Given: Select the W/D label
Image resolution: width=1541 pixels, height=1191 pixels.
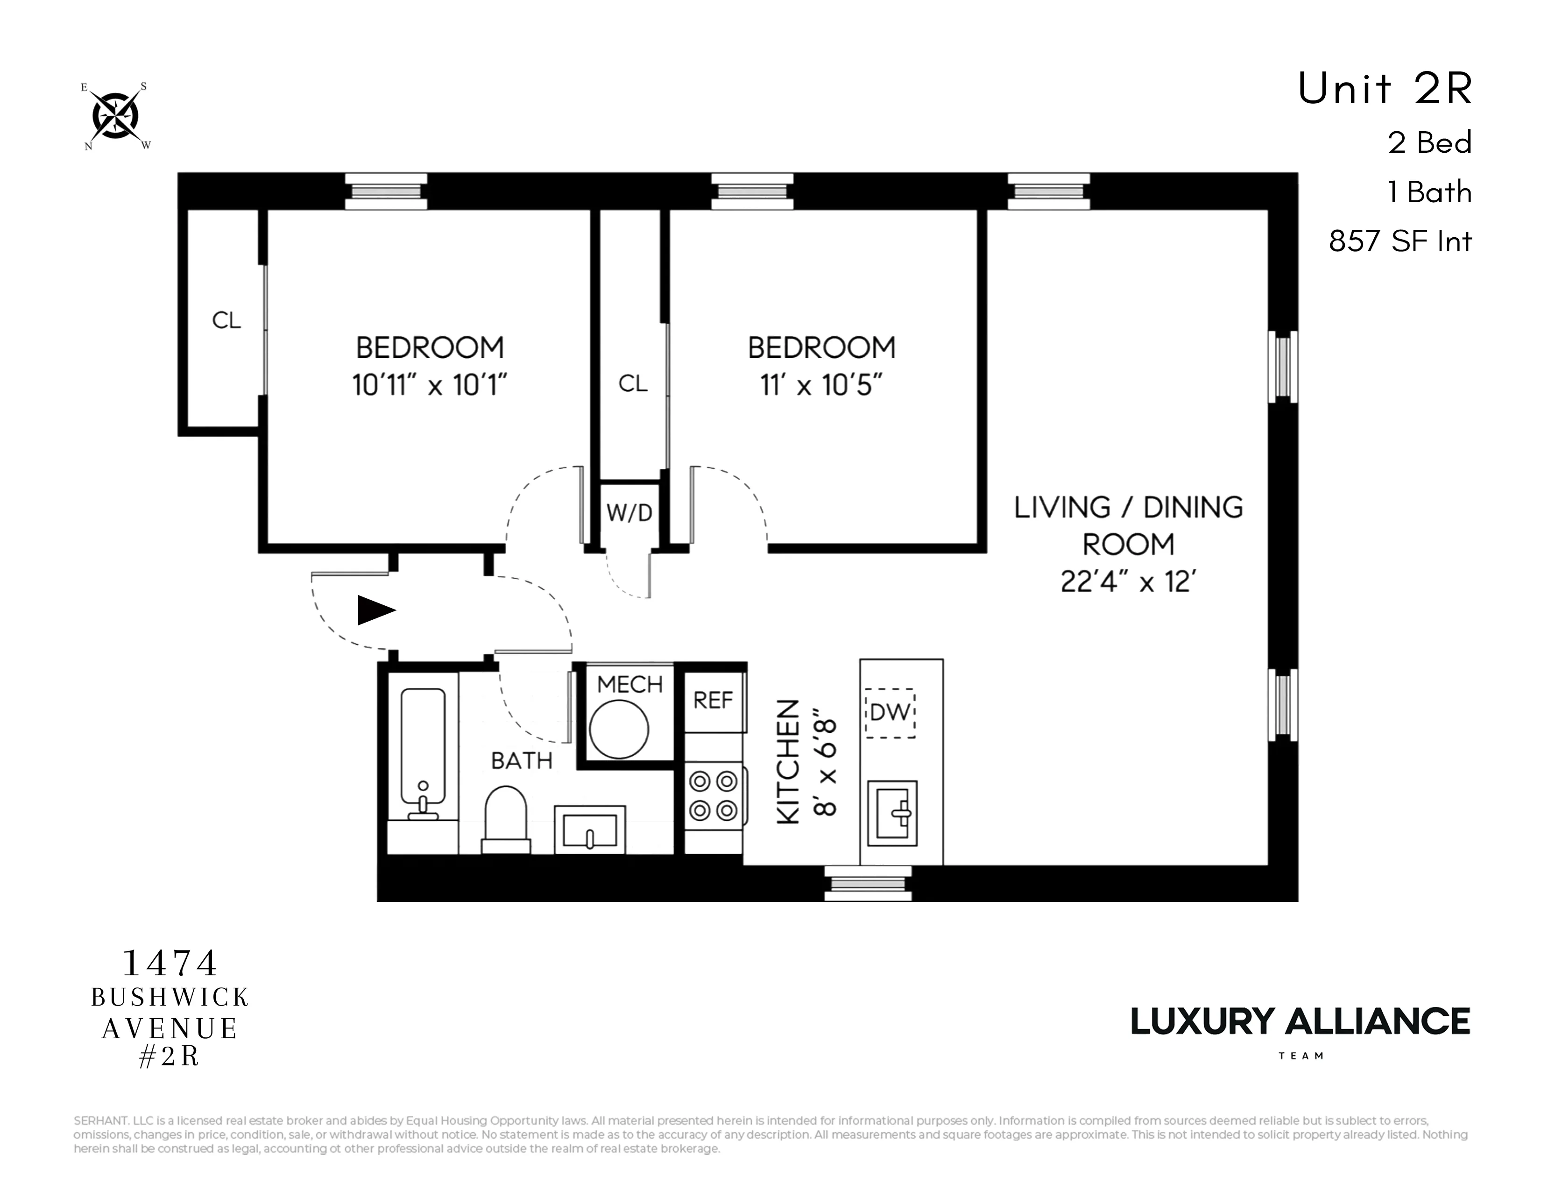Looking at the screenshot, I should [x=629, y=513].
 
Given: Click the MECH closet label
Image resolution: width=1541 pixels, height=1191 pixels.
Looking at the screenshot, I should [x=629, y=684].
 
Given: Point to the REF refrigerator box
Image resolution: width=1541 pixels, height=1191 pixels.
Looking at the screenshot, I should [x=714, y=701].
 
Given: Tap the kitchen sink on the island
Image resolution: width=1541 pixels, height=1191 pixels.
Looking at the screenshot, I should [x=892, y=814].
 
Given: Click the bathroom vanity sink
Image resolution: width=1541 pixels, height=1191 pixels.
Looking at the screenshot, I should [x=590, y=830].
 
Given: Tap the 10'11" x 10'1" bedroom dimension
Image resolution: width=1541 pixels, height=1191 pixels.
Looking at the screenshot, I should [x=430, y=385].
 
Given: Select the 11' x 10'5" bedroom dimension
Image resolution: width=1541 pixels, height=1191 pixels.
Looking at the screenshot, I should [x=821, y=385].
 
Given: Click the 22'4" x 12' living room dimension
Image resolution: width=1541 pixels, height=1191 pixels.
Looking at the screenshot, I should [x=1128, y=582].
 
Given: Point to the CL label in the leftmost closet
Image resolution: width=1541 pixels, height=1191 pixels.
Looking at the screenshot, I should [x=226, y=321].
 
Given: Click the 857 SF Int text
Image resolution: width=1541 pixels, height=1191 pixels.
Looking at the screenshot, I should [x=1400, y=242].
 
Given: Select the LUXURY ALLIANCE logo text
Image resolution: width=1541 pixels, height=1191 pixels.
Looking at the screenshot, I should [x=1300, y=1021].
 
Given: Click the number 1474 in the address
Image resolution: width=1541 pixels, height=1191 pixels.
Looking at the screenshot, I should [x=170, y=963].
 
